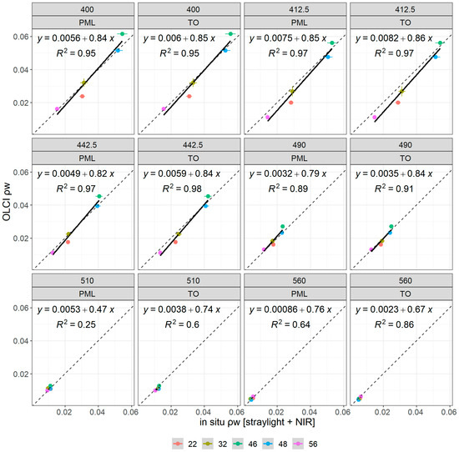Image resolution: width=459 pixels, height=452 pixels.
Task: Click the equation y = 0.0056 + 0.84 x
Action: tap(81, 49)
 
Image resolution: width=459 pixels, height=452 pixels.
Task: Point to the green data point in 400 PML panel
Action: tap(123, 34)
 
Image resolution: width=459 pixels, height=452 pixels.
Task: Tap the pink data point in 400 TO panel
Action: tap(164, 109)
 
